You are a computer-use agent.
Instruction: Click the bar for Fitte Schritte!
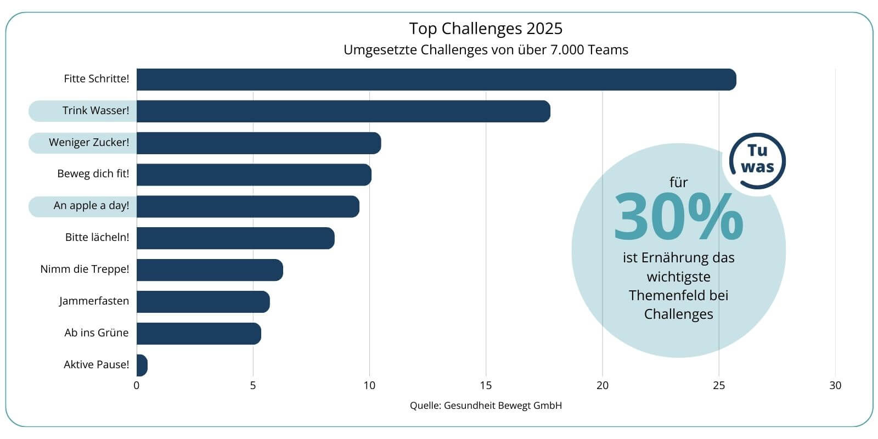(436, 80)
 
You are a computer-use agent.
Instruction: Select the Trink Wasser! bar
(343, 111)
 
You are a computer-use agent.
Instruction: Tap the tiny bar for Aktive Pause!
(142, 365)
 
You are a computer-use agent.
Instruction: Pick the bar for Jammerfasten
(203, 302)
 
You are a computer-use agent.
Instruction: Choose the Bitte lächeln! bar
(235, 238)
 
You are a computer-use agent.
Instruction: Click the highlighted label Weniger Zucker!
(89, 143)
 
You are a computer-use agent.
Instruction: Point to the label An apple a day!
(91, 206)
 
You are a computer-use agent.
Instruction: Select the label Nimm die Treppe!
(85, 269)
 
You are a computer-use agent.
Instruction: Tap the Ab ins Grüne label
(96, 333)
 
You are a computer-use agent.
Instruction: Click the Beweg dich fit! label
(93, 174)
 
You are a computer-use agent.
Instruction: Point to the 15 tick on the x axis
(486, 386)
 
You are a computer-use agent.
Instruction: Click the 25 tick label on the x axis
(719, 386)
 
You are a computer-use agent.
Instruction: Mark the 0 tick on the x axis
(137, 386)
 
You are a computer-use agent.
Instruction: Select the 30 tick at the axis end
(835, 386)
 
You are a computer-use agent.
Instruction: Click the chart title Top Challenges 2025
(486, 29)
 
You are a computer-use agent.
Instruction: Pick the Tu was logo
(757, 160)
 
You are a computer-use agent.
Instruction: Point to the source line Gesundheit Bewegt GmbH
(502, 406)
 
